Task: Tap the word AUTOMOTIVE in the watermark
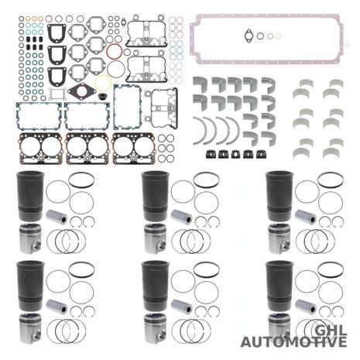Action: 293,342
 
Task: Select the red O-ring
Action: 114,51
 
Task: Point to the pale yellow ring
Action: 103,83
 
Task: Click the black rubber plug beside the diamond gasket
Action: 103,98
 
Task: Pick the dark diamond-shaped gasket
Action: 82,91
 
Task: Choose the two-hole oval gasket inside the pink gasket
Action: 249,36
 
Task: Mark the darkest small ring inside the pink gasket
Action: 260,36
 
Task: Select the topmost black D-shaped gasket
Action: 57,33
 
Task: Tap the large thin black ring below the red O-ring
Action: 116,70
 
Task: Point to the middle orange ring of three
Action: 34,19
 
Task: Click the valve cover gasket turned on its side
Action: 164,108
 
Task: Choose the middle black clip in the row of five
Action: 235,154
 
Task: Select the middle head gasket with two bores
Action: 87,149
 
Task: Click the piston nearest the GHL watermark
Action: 279,327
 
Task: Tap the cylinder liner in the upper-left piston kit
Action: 30,197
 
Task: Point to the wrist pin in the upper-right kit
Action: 306,217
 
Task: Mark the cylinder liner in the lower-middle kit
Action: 156,286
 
